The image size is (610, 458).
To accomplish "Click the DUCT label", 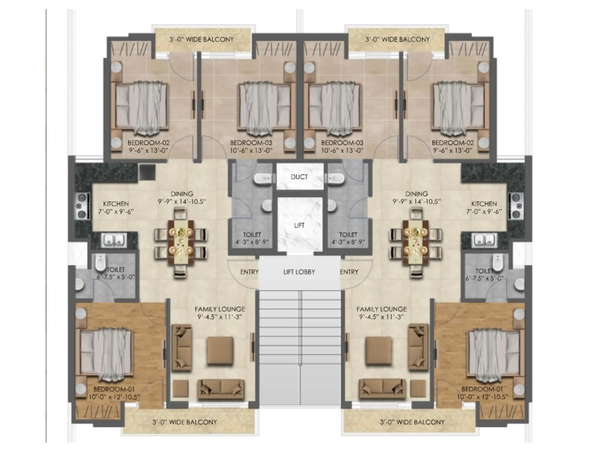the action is point(299,177).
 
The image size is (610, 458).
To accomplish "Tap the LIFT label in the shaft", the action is point(299,225).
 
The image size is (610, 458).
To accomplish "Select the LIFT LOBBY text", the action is point(299,272).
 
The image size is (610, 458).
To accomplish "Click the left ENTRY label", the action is point(249,272).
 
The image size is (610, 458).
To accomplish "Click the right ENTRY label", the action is point(349,272).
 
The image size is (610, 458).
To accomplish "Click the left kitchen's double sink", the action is point(114,240).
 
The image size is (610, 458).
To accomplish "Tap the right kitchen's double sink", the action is point(485,240).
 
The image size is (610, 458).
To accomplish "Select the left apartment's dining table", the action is point(181,242).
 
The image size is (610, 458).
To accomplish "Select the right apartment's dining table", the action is point(416,242).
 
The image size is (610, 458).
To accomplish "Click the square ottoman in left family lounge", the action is point(220,351).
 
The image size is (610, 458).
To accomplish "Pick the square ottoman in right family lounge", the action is point(379,351).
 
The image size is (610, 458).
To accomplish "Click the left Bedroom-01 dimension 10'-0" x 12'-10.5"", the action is point(114,397).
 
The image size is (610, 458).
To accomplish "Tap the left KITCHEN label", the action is point(116,204).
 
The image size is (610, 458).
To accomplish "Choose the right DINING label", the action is point(417,194).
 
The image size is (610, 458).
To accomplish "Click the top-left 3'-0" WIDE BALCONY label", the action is point(202,40).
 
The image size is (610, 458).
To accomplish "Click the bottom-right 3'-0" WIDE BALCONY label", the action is point(412,422).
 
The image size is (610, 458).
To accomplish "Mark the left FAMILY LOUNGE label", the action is point(220,309).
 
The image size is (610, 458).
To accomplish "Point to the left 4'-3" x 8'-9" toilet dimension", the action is point(252,242).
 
